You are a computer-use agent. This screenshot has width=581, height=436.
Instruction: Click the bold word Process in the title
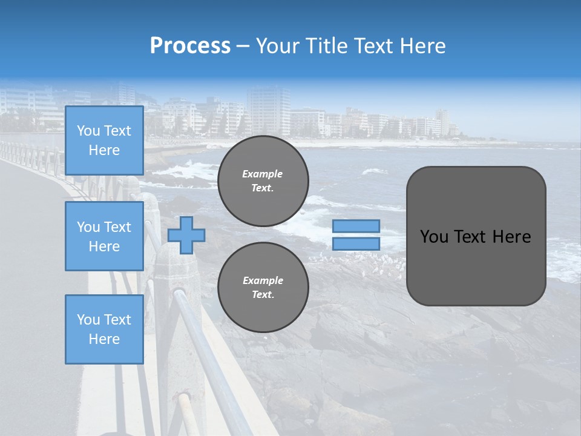click(190, 46)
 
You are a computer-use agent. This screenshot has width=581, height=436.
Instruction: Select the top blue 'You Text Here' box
click(104, 140)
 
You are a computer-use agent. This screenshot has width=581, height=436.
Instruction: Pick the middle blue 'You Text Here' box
click(104, 236)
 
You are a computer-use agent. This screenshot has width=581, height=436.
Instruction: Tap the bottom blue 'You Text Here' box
click(104, 329)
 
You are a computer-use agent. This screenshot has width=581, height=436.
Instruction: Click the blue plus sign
click(186, 235)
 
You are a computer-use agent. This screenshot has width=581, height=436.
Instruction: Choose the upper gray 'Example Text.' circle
click(263, 181)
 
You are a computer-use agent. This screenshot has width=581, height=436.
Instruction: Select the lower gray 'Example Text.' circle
click(263, 288)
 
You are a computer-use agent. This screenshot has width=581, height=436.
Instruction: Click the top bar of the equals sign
click(356, 226)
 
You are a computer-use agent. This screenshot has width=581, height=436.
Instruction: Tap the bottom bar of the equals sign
click(356, 244)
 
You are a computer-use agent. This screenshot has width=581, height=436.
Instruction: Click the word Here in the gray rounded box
click(512, 237)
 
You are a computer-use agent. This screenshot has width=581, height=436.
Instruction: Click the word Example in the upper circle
click(263, 174)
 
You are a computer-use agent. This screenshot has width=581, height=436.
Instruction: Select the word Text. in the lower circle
click(263, 295)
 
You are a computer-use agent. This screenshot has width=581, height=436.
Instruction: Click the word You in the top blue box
click(87, 131)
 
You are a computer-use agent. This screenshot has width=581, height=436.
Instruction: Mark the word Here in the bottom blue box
click(104, 339)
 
